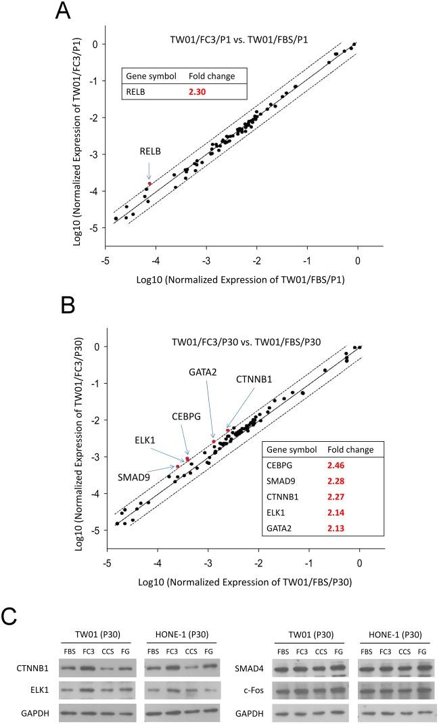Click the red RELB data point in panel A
coord(149,183)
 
